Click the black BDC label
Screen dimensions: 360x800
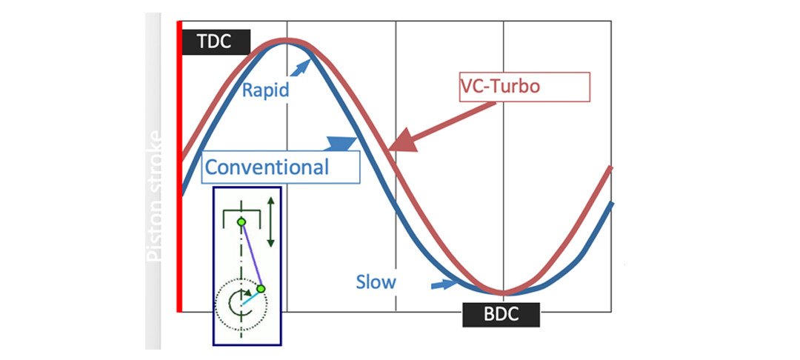pos(501,315)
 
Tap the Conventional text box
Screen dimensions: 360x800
pos(280,167)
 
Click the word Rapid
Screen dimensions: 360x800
pos(265,91)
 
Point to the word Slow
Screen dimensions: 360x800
pos(376,281)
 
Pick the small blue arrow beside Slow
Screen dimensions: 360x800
pos(444,283)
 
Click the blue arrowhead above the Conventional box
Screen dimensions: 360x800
pos(339,143)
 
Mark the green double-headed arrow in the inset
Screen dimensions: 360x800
pos(272,221)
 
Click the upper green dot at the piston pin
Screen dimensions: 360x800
pos(241,221)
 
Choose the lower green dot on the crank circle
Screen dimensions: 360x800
pos(261,288)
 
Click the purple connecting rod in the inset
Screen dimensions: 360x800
pos(250,255)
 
